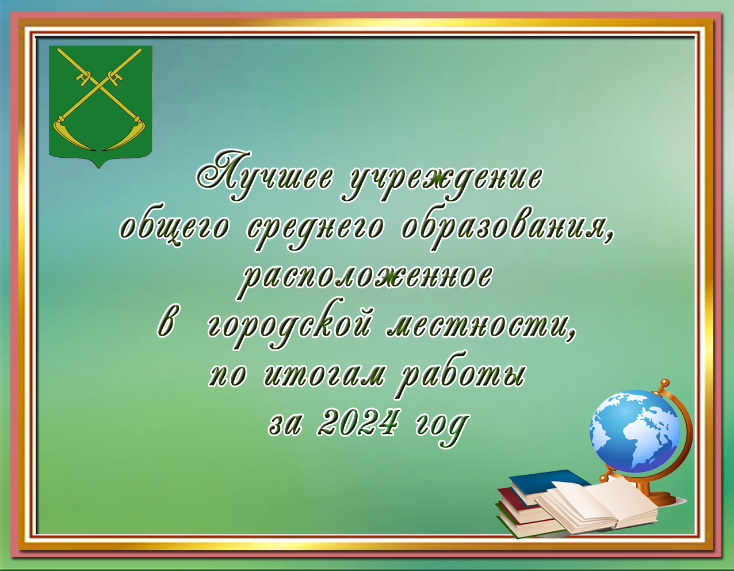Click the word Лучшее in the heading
point(266,176)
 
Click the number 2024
point(357,424)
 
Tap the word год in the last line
point(441,428)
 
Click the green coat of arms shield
point(100,105)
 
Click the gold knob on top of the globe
point(664,383)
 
